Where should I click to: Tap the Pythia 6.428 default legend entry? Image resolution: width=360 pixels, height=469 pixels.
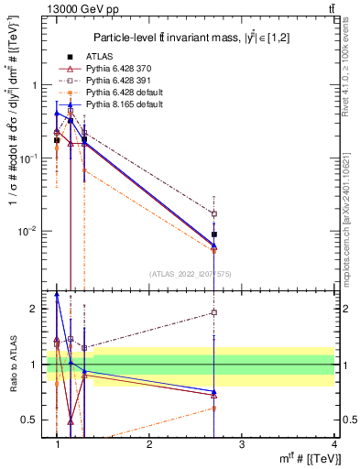pyautogui.click(x=124, y=93)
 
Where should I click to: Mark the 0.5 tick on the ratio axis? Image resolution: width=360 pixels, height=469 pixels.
pyautogui.click(x=33, y=420)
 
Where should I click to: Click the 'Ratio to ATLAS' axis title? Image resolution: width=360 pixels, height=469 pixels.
pyautogui.click(x=11, y=365)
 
